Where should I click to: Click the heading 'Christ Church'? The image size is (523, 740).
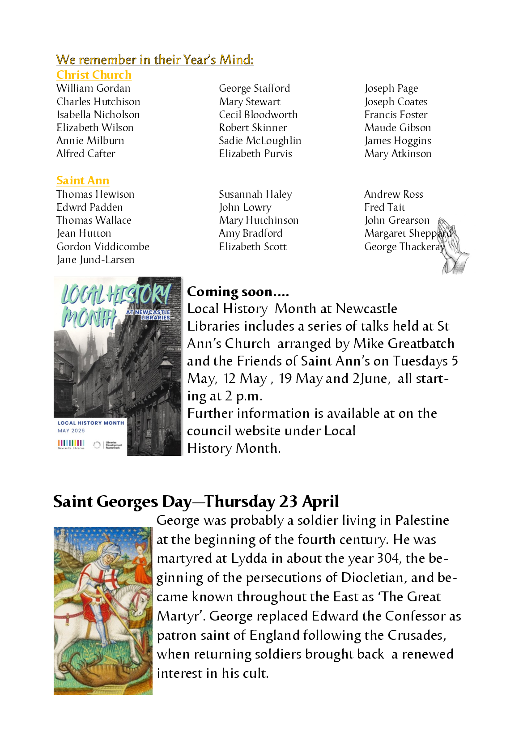94,75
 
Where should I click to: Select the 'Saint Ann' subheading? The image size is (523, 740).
83,180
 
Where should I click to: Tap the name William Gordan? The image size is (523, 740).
94,88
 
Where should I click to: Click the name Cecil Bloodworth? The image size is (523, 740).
258,115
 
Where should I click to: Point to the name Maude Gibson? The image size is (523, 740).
398,128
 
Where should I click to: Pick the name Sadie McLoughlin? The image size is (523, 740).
260,140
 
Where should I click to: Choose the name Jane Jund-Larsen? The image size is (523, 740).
95,259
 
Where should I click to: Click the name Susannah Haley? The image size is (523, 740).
255,194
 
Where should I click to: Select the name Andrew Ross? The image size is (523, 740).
394,194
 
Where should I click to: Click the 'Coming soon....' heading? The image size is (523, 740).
238,292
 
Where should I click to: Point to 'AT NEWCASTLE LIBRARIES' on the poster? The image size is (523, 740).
149,315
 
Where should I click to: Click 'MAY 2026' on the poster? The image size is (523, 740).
71,431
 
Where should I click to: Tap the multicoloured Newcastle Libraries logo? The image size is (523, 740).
71,444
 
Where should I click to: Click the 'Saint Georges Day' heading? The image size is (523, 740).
196,502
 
